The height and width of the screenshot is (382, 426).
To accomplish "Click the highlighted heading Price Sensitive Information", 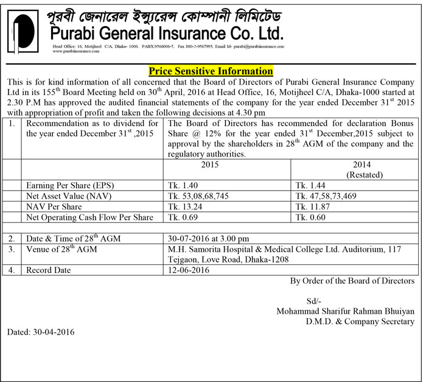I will point(211,71).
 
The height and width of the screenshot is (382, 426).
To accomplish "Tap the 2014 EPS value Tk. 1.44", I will point(308,185).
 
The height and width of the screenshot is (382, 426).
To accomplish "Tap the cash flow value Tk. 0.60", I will point(308,218).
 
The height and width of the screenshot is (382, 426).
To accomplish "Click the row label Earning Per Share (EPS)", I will point(71,185).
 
